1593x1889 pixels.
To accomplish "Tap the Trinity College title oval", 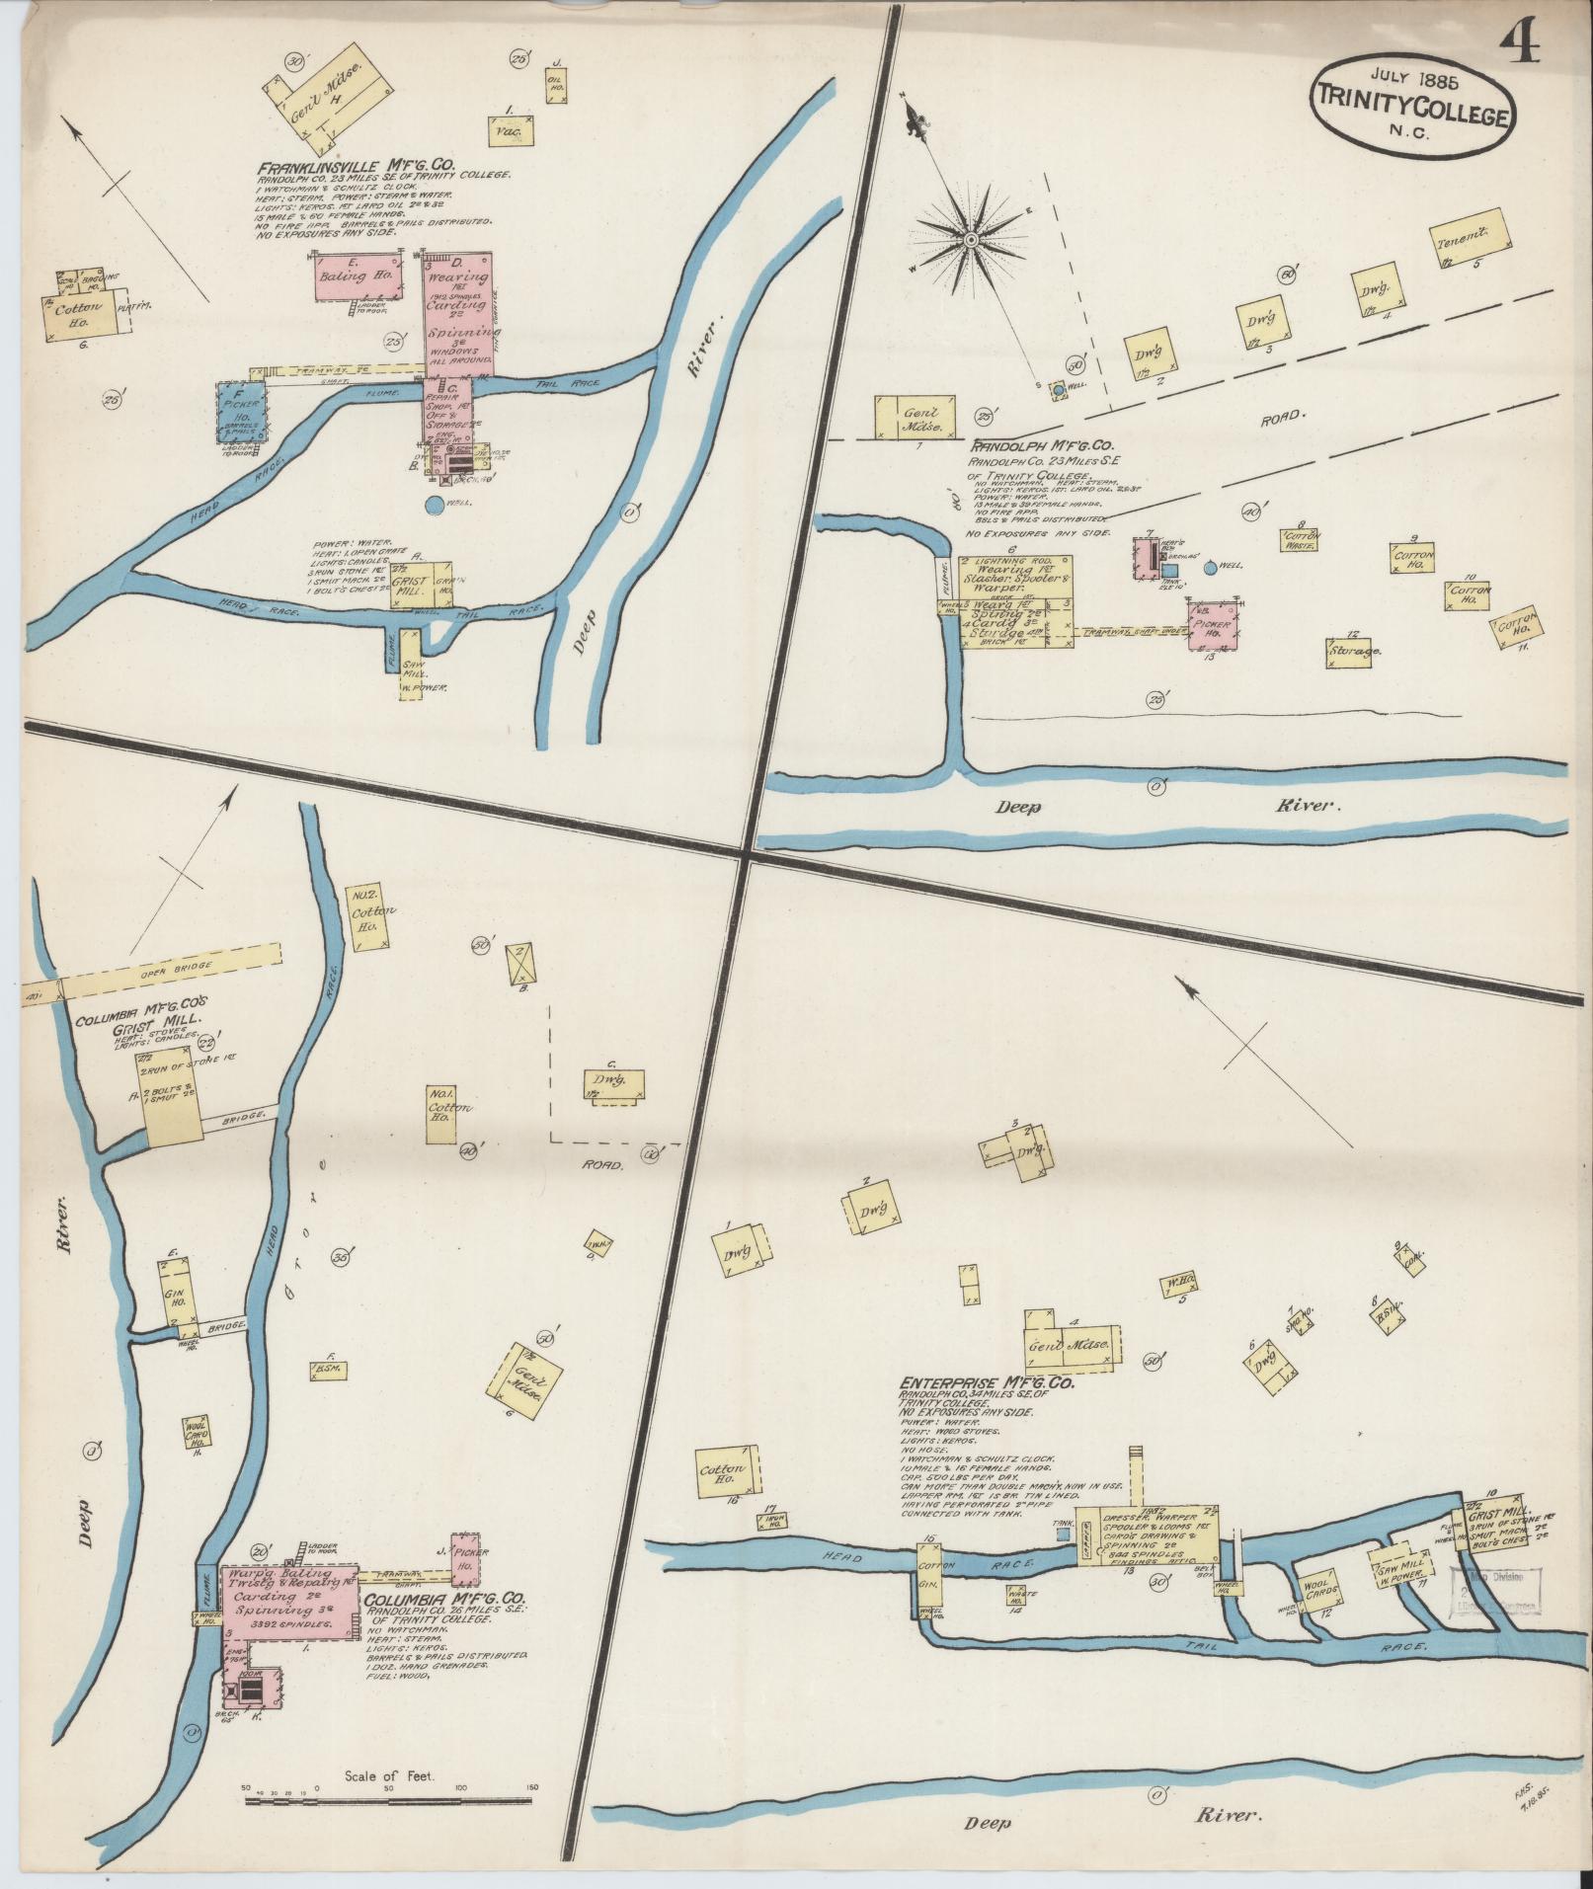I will pyautogui.click(x=1409, y=112).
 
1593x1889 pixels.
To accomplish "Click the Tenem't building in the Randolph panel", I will pyautogui.click(x=1471, y=239).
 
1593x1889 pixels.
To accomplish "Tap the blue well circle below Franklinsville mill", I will pyautogui.click(x=434, y=506).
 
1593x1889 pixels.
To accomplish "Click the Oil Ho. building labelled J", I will pyautogui.click(x=556, y=85).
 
